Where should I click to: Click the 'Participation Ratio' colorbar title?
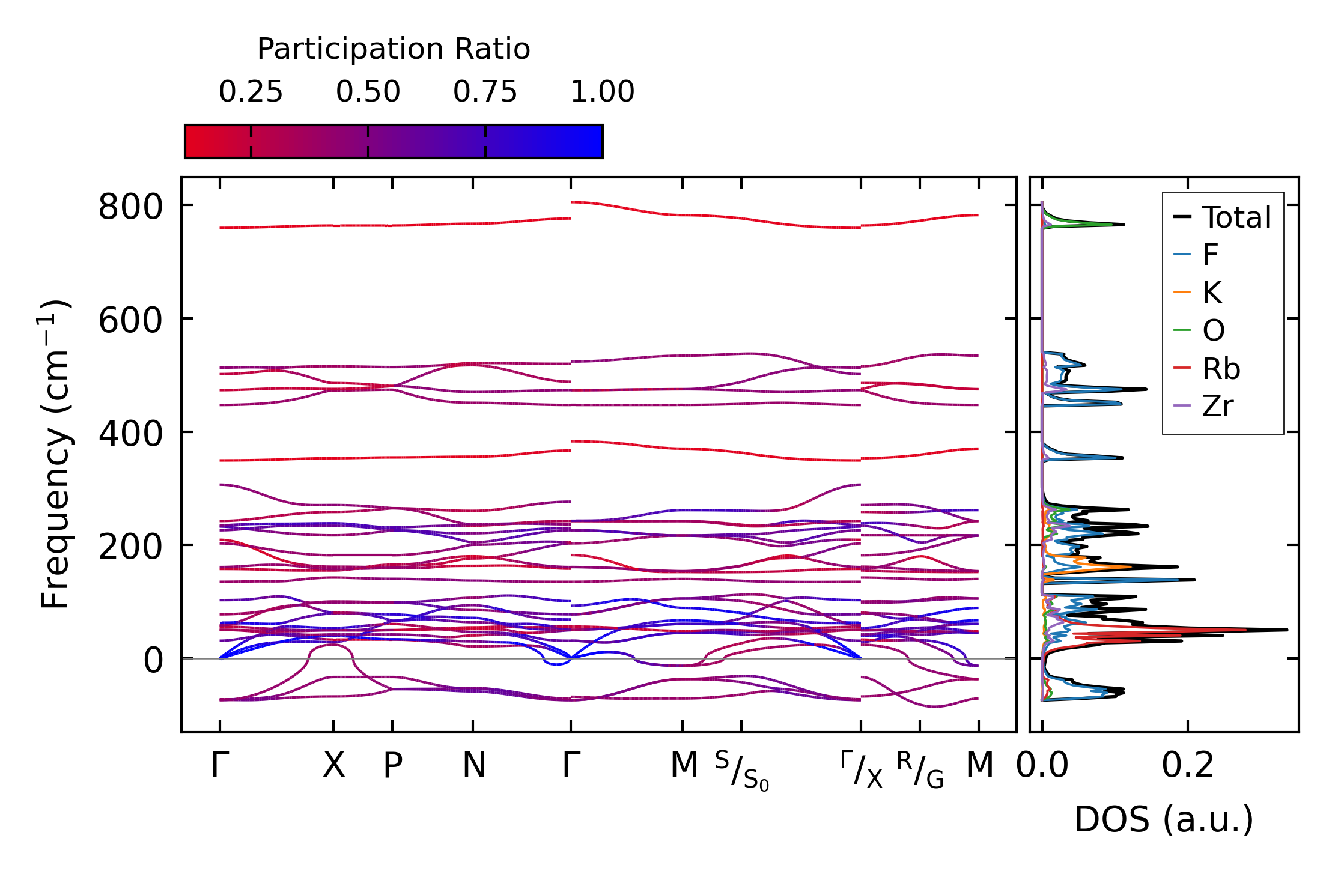coord(394,49)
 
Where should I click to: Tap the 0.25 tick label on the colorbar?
coord(251,92)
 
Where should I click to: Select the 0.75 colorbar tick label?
coord(485,92)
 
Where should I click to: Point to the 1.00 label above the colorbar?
coord(602,92)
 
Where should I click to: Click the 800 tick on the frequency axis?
coord(130,208)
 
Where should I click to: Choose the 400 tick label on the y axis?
coord(130,434)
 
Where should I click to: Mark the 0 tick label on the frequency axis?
coord(153,661)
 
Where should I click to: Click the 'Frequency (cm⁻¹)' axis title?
coord(55,454)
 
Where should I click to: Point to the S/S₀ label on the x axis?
coord(741,771)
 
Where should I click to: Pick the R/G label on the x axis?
coord(920,770)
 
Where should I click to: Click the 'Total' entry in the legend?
coord(1235,217)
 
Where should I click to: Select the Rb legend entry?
coord(1221,369)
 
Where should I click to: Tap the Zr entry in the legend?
coord(1217,407)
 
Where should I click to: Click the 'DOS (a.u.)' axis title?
coord(1164,819)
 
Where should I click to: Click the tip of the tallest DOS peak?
coord(1287,630)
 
